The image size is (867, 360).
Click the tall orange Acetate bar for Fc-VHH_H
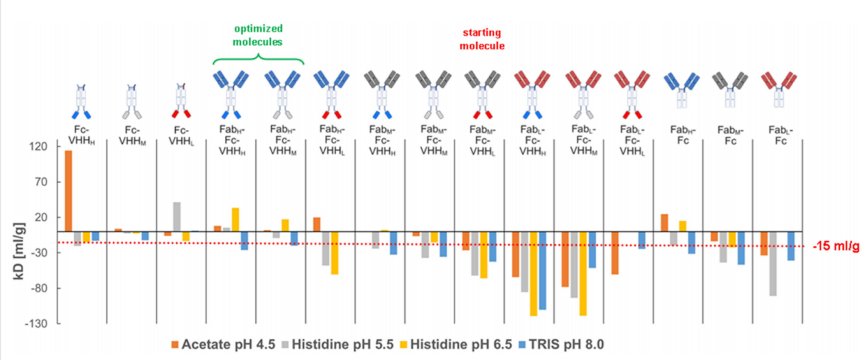(x=68, y=191)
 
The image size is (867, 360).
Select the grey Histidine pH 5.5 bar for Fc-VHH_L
(x=177, y=217)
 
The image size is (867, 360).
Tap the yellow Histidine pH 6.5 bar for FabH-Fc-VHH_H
(x=235, y=220)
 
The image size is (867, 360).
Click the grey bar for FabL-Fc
(x=772, y=263)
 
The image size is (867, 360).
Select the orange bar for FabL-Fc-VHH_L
(x=614, y=253)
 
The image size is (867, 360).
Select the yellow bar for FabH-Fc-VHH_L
(x=335, y=253)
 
